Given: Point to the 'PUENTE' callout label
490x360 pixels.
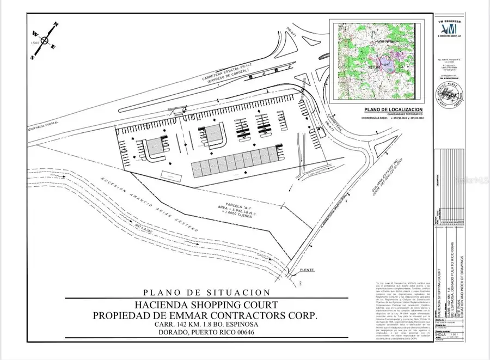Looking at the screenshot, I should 308,271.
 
